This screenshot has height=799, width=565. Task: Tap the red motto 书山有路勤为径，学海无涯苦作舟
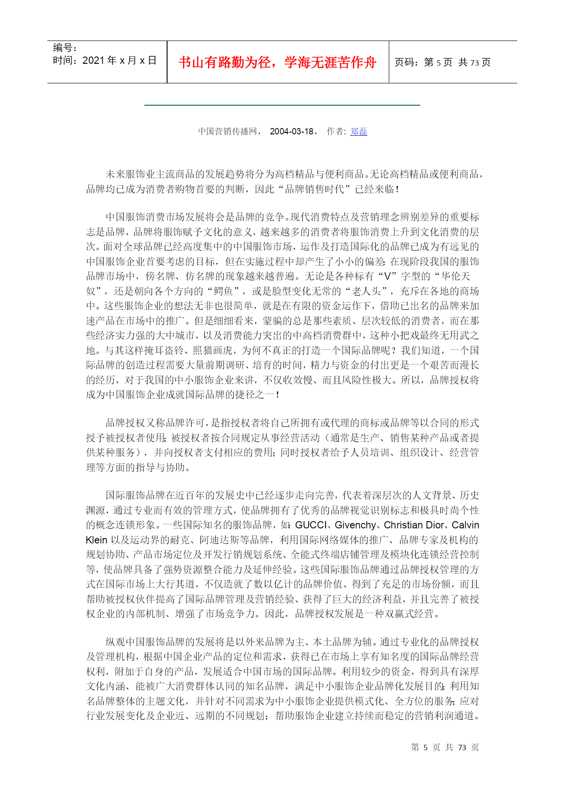click(277, 62)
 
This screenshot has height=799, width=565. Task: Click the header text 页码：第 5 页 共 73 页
click(442, 62)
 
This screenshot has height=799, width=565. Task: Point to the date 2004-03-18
click(291, 132)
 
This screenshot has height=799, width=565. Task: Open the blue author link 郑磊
click(358, 132)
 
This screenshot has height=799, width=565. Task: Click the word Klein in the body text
click(97, 540)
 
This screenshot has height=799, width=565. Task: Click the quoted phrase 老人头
click(369, 291)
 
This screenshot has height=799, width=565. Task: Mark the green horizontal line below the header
click(282, 105)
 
